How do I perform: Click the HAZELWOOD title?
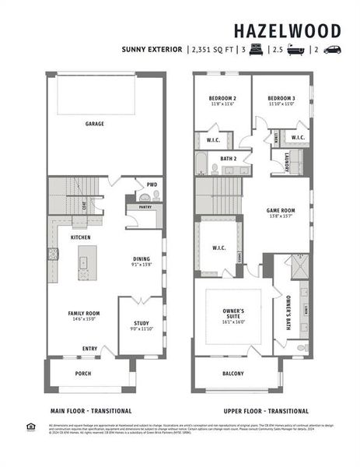coord(288,31)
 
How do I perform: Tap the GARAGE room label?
coord(95,124)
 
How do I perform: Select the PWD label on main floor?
coord(152,184)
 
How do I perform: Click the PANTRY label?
coord(145,208)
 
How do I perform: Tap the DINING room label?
coord(142,261)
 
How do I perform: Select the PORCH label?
coord(82,373)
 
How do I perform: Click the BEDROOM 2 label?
coord(222,99)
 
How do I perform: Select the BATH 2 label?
coord(228,159)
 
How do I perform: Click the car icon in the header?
coord(331,49)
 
